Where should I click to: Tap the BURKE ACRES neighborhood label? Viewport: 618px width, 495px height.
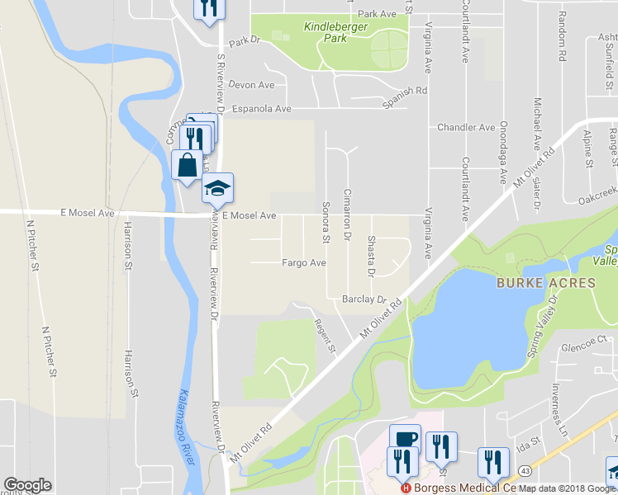(x=545, y=283)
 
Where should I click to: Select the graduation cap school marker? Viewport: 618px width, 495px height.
(x=217, y=187)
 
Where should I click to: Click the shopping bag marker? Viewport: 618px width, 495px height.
(x=187, y=163)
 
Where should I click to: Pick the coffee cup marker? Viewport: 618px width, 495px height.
(x=405, y=438)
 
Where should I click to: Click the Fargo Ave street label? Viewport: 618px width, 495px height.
(x=303, y=263)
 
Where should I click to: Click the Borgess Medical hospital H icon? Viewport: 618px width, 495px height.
(x=405, y=488)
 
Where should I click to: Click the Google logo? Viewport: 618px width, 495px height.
(x=27, y=485)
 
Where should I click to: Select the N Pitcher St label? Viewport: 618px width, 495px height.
(x=34, y=247)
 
